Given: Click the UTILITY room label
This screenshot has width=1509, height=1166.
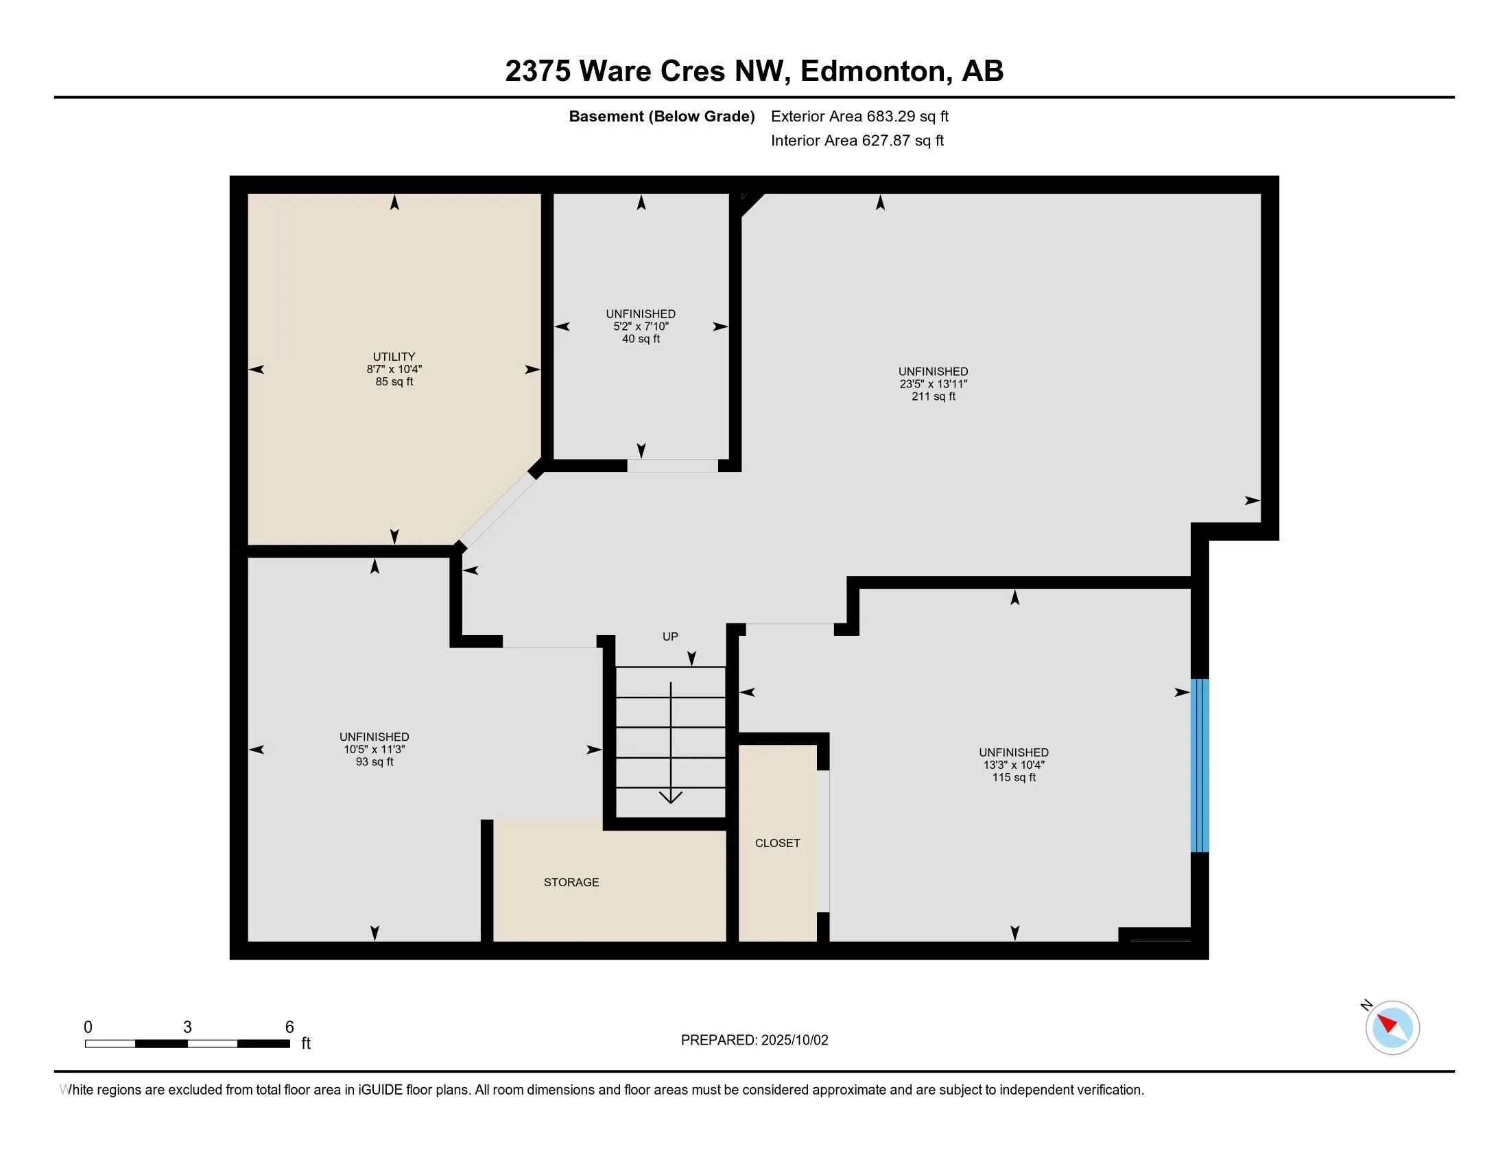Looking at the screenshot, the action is [x=394, y=357].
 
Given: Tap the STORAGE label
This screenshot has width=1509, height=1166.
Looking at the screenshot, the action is [x=571, y=882].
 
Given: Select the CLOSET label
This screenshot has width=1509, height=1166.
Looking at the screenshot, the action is [x=777, y=843].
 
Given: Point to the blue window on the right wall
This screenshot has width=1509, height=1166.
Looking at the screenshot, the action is [x=1200, y=765].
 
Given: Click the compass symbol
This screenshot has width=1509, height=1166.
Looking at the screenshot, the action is [x=1392, y=1027].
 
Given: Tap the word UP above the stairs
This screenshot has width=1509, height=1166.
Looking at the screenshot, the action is [x=670, y=636].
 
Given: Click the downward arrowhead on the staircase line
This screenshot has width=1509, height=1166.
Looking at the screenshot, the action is [x=670, y=797].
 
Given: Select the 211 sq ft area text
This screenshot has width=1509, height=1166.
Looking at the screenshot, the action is [x=934, y=396].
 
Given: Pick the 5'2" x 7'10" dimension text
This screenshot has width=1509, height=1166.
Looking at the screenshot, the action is [x=641, y=326].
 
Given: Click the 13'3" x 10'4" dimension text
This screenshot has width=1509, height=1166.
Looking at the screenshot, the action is [x=1014, y=765].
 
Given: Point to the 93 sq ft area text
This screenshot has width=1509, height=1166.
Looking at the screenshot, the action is [x=375, y=762].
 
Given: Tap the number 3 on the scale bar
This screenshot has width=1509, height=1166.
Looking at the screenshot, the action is [x=187, y=1027].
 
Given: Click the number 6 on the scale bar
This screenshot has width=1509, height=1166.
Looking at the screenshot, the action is [x=289, y=1027].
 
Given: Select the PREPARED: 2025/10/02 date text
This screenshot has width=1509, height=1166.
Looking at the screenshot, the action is [x=754, y=1040].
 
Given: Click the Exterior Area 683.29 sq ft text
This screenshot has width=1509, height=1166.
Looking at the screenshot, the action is [x=859, y=116].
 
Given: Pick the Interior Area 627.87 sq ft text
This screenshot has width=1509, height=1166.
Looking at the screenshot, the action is [x=857, y=140].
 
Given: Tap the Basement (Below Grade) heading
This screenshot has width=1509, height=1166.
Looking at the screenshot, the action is [x=661, y=116].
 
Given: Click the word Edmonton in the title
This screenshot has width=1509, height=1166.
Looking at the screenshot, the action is [x=872, y=71].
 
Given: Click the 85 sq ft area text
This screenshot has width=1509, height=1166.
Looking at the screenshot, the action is [x=394, y=381].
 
